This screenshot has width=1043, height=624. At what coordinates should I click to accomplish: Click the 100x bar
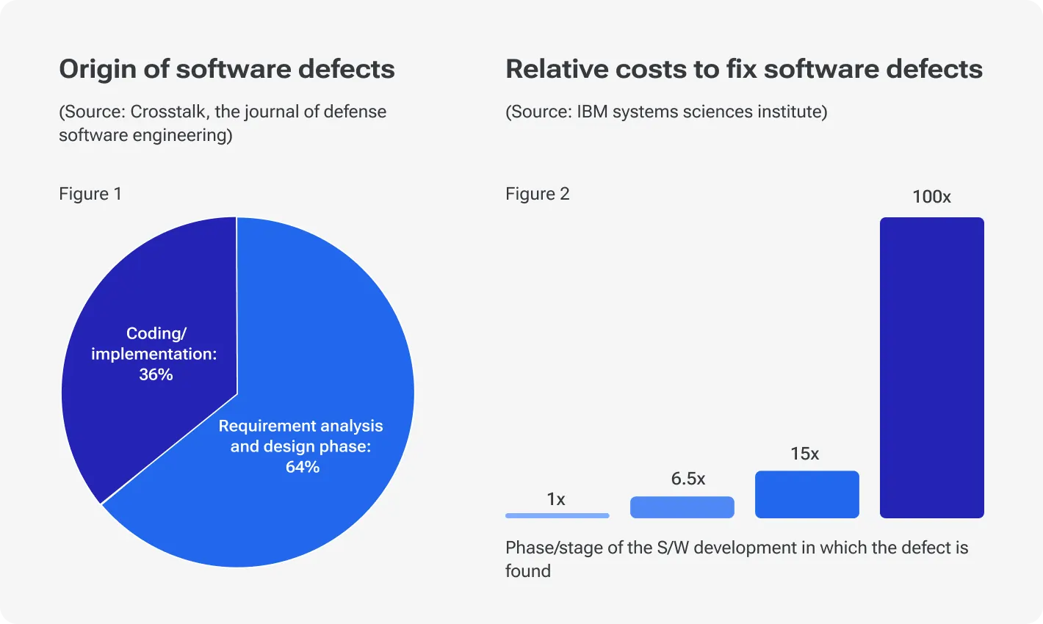point(931,367)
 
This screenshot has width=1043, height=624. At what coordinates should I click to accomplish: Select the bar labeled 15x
point(806,494)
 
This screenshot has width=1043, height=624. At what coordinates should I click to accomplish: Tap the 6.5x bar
point(682,507)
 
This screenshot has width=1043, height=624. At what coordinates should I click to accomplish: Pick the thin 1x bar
point(557,515)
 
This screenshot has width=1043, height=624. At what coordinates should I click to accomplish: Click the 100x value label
point(931,197)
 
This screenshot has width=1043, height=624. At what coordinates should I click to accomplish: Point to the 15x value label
point(804,454)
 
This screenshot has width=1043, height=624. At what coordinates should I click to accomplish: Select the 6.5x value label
point(687,479)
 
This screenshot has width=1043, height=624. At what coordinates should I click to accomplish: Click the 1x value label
point(556,499)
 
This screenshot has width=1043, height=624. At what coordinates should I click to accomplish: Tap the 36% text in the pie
point(156,374)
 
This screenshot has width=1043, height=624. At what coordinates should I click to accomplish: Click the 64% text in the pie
point(302,467)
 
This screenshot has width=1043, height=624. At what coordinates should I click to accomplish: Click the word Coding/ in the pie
point(156,333)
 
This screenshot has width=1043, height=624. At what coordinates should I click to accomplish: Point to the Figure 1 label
point(90,194)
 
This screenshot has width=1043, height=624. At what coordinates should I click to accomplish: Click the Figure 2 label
point(537,194)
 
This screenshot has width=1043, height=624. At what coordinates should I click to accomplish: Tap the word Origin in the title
point(93,69)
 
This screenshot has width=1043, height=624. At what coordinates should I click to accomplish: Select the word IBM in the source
point(592,112)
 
